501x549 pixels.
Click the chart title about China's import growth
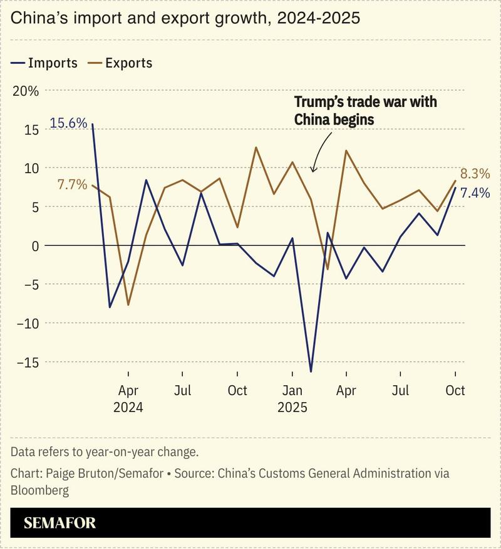pos(185,18)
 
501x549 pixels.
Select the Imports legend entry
pos(44,63)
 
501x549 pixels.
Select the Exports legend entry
pos(120,63)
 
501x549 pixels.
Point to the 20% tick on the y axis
pos(26,91)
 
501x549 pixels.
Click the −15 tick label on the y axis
pos(24,362)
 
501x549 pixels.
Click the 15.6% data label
pos(68,123)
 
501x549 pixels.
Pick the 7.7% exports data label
pos(72,185)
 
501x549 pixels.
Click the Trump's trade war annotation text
pos(365,110)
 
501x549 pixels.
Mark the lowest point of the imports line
pos(311,371)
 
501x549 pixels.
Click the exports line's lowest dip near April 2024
pos(128,305)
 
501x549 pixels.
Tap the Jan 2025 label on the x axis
pos(292,398)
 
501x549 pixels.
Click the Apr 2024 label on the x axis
pos(128,398)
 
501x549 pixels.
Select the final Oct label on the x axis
pos(455,390)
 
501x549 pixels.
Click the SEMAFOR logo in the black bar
pos(60,523)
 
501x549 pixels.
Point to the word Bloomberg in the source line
pos(39,490)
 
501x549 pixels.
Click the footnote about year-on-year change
pos(104,451)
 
